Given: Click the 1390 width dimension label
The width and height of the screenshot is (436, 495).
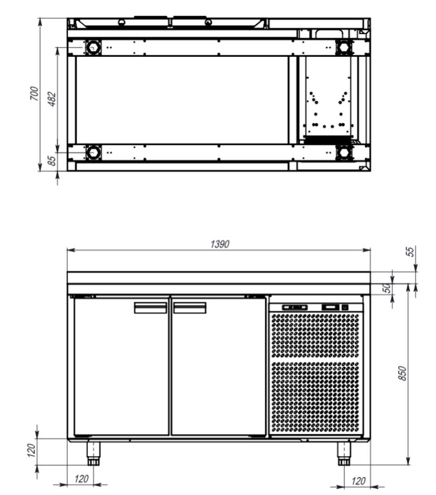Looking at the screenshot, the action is [x=220, y=244].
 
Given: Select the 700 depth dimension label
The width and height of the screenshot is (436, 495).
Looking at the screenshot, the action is [x=34, y=93].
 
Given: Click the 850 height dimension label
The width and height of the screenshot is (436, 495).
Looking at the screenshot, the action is [x=402, y=373].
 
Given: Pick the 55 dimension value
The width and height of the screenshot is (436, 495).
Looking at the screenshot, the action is [x=410, y=252].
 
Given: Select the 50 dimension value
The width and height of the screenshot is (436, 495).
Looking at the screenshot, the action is [x=387, y=288].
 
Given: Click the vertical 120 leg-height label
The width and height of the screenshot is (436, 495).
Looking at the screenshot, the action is [x=31, y=450].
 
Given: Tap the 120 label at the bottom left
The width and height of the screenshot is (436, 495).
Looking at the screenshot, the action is [x=81, y=479].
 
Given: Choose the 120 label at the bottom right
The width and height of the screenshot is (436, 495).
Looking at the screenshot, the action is [x=359, y=481].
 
